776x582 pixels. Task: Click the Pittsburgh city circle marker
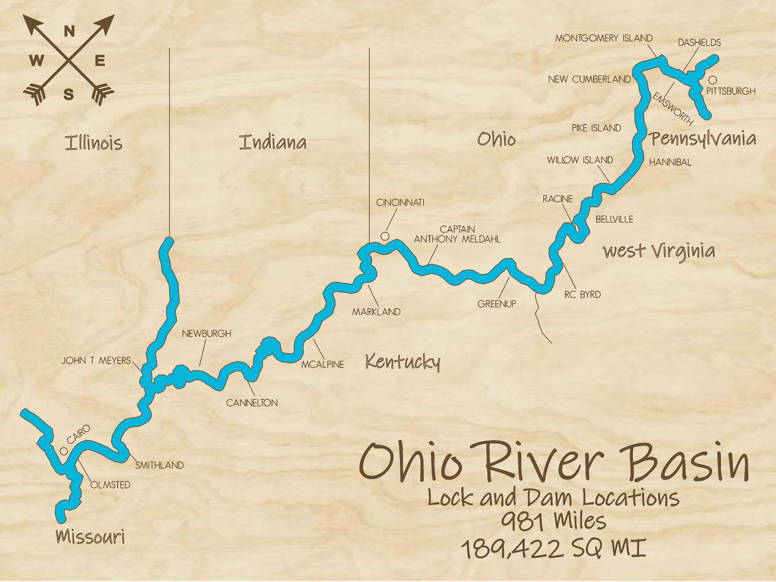(713, 80)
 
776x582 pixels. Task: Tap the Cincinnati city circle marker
(385, 236)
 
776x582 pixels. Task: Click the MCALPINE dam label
(322, 364)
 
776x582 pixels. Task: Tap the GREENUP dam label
(496, 304)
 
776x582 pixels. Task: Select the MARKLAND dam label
(376, 312)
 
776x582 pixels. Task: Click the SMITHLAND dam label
(159, 465)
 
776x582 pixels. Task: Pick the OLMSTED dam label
(110, 485)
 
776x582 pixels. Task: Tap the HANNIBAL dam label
(670, 162)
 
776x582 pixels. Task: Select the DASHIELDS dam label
(699, 42)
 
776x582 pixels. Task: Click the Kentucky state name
(402, 362)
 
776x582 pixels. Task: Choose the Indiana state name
(273, 142)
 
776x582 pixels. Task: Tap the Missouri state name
(90, 536)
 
